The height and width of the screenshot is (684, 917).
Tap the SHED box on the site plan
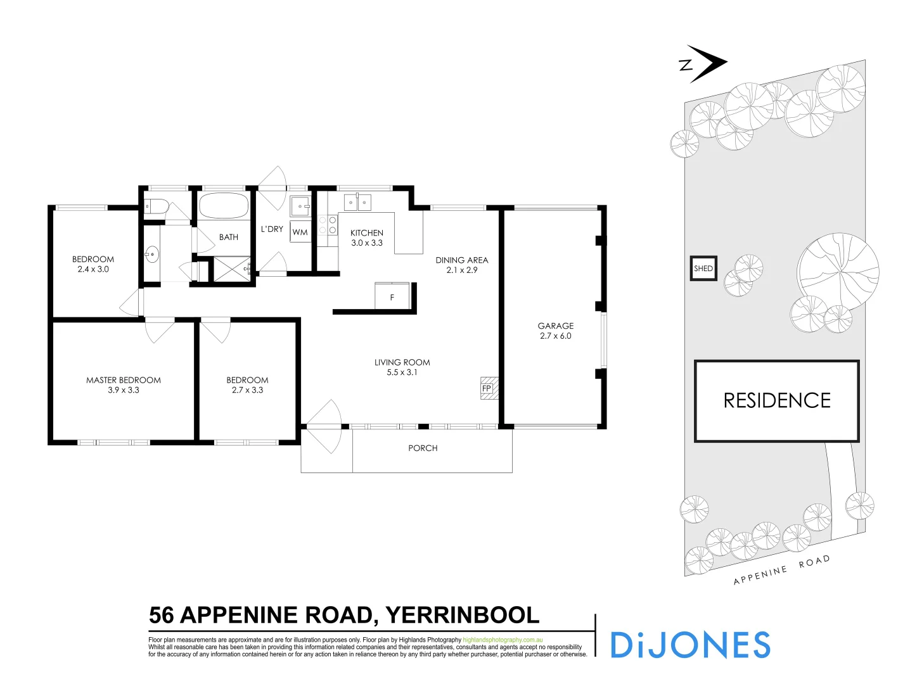(703, 269)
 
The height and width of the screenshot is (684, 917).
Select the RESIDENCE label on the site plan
(776, 400)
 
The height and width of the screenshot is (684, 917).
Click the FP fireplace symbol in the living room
(487, 388)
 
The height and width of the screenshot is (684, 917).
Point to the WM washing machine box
(300, 232)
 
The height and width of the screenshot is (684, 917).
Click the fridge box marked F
(392, 296)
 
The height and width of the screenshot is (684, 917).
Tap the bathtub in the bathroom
(224, 206)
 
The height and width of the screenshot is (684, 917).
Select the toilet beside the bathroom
(155, 206)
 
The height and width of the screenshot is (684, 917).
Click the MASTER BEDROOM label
(124, 380)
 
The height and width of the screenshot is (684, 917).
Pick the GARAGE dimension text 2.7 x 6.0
(556, 336)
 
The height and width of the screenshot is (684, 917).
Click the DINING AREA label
(461, 260)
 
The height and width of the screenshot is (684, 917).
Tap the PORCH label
(423, 448)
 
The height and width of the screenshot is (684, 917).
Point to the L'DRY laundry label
(272, 229)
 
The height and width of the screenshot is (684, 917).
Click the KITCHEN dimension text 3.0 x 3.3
(367, 243)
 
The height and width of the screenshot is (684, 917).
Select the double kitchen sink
(357, 203)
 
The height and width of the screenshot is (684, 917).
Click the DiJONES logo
(689, 645)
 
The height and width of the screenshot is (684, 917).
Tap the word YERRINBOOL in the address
(462, 615)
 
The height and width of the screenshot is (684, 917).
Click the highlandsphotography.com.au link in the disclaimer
(503, 640)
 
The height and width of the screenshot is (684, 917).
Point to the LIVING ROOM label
(402, 362)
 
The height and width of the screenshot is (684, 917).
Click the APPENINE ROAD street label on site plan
(781, 571)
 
